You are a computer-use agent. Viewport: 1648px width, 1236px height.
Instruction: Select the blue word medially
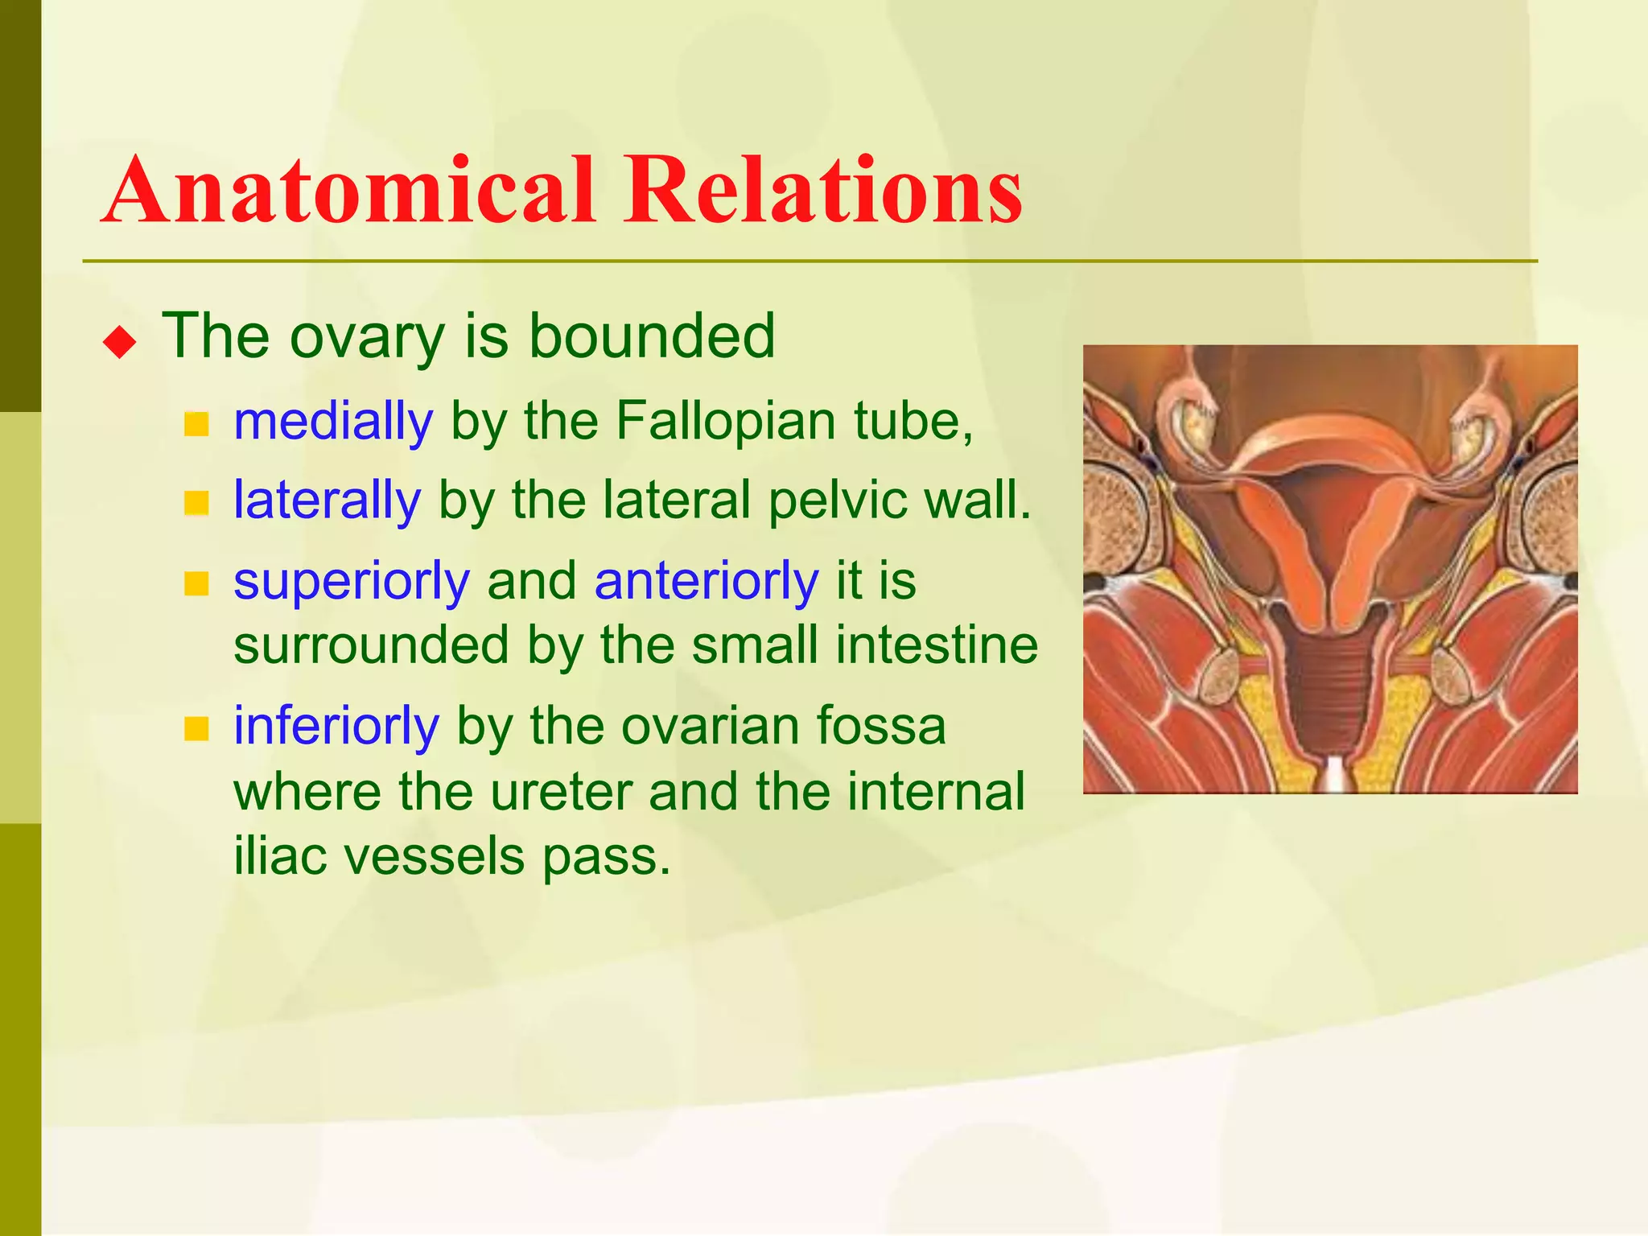click(333, 421)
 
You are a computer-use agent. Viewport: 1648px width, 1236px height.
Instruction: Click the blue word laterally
click(327, 500)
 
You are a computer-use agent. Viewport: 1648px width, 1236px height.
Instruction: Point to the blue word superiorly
click(352, 581)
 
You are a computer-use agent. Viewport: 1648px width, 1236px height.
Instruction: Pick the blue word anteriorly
click(706, 581)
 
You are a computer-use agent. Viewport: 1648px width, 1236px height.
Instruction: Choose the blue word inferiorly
click(336, 726)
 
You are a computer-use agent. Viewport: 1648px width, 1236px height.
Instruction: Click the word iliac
click(280, 855)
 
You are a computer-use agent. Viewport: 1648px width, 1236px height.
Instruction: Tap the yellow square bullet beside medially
click(196, 423)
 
